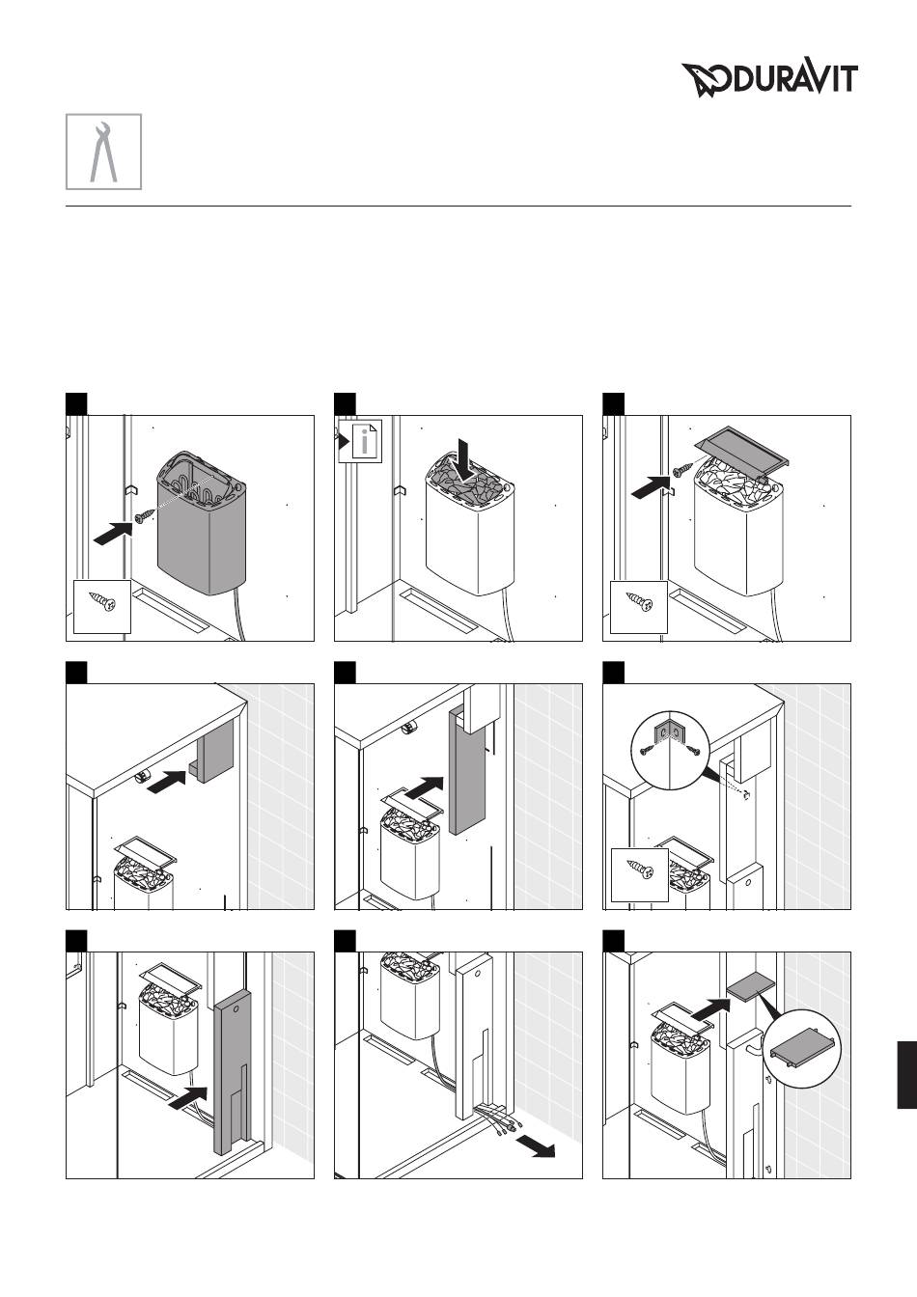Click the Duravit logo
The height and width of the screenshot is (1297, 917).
point(769,79)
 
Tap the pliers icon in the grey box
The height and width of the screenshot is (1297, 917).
point(103,152)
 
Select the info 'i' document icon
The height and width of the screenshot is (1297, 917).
point(360,441)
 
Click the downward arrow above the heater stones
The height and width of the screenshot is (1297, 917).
point(465,459)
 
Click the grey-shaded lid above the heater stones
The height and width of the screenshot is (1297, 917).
point(743,448)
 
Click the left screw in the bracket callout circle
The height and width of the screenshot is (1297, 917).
point(647,750)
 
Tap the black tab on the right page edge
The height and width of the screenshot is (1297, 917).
point(907,1075)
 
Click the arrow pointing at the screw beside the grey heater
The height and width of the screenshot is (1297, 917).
point(114,532)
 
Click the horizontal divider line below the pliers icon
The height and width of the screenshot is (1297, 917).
point(458,206)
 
